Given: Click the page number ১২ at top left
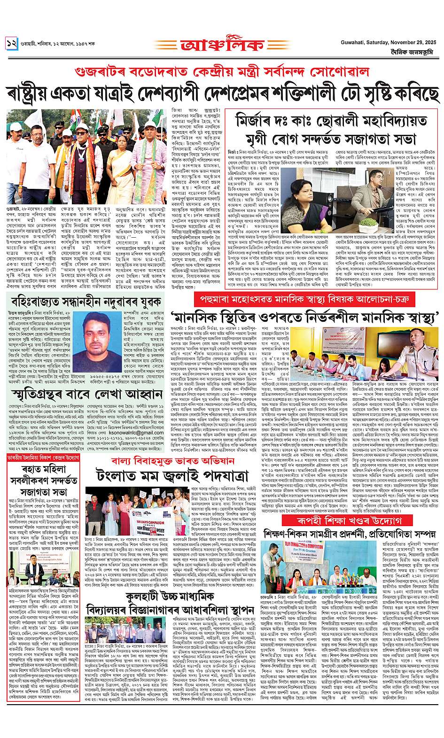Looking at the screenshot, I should click(12, 42).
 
